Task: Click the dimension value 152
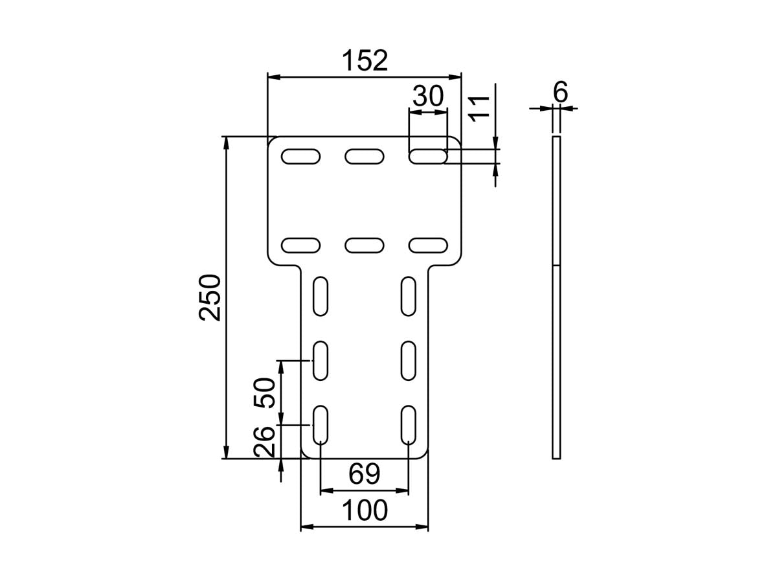click(365, 61)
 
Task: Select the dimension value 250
click(210, 297)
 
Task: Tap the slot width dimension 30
click(428, 97)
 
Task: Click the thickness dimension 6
click(560, 93)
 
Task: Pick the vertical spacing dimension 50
click(265, 392)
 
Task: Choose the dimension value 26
click(265, 441)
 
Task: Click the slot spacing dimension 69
click(364, 475)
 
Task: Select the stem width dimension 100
click(364, 511)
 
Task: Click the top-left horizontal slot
click(301, 156)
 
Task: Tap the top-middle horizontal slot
click(365, 156)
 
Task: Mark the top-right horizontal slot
click(428, 156)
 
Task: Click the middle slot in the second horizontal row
click(365, 245)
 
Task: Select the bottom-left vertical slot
click(321, 424)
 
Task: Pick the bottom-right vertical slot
click(409, 424)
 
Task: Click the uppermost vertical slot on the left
click(321, 296)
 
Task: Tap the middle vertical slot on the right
click(409, 360)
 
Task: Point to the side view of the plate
click(556, 297)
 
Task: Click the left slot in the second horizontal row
click(301, 245)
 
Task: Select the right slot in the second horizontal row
click(428, 245)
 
